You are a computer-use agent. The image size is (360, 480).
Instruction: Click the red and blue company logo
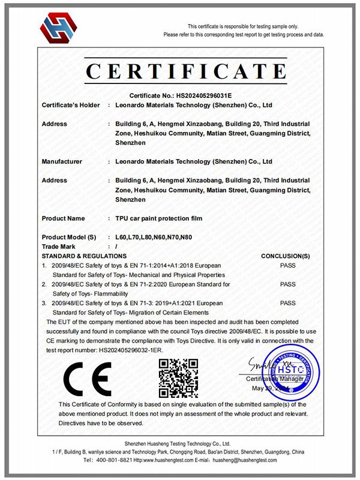click(59, 28)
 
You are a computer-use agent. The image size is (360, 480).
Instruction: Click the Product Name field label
click(63, 218)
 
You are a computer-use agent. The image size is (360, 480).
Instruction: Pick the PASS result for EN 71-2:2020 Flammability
click(288, 284)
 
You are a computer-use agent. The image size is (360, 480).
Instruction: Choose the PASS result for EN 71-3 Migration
click(288, 304)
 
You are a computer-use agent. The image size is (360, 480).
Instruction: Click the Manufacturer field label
click(62, 161)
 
